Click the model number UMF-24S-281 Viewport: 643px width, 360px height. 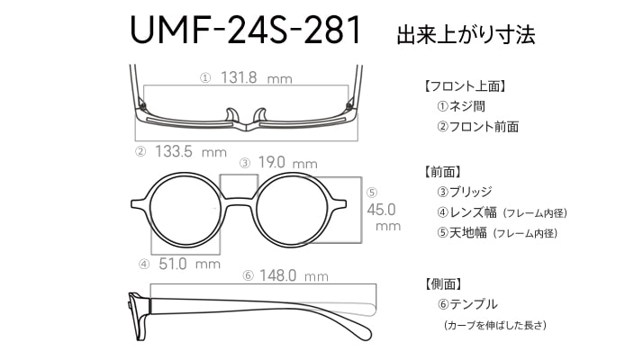click(x=245, y=30)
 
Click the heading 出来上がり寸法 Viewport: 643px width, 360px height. click(x=466, y=34)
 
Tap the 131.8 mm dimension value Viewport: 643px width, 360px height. click(x=257, y=77)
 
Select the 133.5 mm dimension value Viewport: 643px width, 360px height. click(x=191, y=152)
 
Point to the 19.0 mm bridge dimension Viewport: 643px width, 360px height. click(x=287, y=163)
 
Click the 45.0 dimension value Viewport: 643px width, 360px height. click(x=381, y=210)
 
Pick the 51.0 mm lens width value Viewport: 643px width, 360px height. click(x=189, y=264)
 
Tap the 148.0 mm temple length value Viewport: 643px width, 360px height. click(x=294, y=275)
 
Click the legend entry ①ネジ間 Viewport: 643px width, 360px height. click(x=461, y=106)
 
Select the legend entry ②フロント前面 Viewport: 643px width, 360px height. click(x=477, y=127)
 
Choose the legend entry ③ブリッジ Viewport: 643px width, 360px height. click(x=464, y=192)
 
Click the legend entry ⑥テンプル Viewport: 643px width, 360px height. click(x=467, y=304)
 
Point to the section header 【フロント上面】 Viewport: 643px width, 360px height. click(x=464, y=86)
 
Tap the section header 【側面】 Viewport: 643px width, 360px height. click(x=442, y=283)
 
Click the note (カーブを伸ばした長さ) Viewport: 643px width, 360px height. click(x=495, y=325)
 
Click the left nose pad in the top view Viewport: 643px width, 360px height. click(x=231, y=115)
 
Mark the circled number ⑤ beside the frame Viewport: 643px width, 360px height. click(x=372, y=193)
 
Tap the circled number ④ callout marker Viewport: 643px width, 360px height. click(x=144, y=265)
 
